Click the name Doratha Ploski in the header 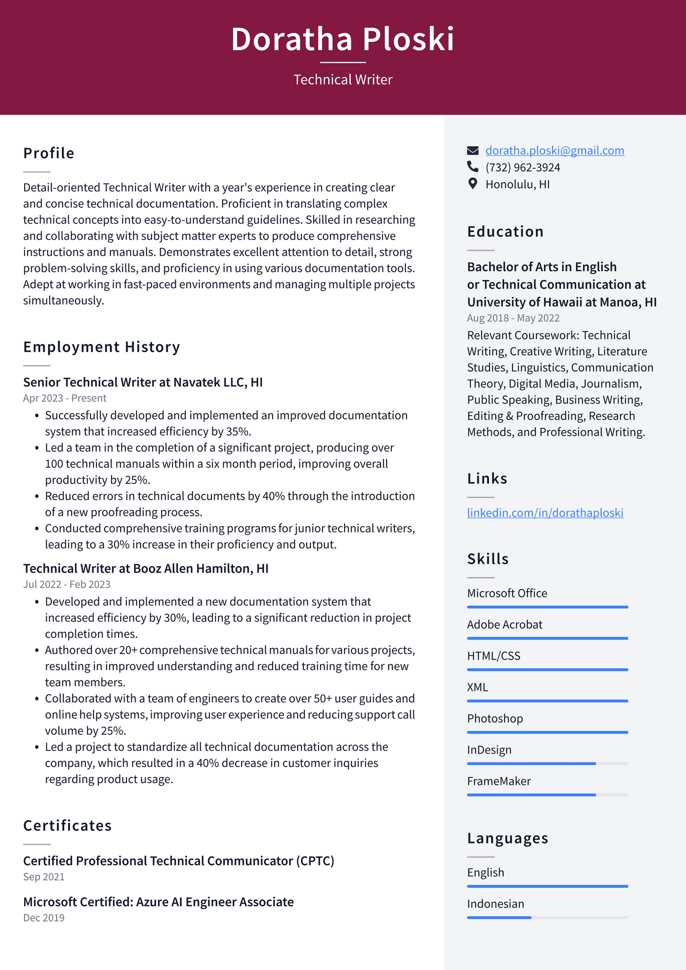pos(342,39)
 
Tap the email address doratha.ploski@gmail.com pos(554,150)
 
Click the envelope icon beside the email pos(473,150)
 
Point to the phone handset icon pos(473,166)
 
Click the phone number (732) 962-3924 pos(522,167)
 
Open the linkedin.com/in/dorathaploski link pos(545,512)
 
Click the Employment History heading pos(101,347)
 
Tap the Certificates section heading pos(67,825)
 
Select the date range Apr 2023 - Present pos(65,398)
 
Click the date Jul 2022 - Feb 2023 pos(67,584)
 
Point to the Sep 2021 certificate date pos(44,877)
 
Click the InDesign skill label pos(489,749)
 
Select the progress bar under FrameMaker pos(547,795)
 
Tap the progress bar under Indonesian pos(547,917)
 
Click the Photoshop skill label pos(495,718)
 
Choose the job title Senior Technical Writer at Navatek pos(143,382)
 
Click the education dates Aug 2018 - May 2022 pos(513,318)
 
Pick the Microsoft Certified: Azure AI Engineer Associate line pos(158,902)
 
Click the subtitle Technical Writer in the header pos(342,79)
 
